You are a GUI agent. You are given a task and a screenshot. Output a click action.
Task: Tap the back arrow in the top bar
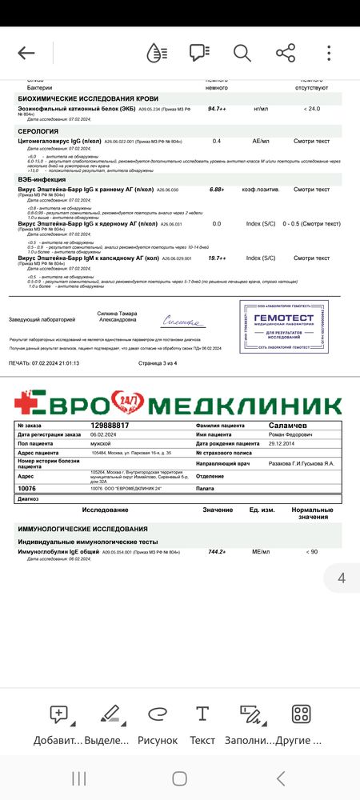(26, 53)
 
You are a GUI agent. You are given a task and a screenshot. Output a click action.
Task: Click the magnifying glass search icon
(242, 53)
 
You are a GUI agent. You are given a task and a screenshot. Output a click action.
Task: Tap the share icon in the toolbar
(285, 53)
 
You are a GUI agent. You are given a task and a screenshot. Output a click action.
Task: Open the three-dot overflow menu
(329, 53)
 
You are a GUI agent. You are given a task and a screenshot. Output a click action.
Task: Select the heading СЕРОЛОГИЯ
(38, 130)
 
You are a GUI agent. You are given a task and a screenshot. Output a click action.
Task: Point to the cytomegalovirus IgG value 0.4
(217, 141)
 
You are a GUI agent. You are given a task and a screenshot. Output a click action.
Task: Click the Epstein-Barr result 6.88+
(217, 190)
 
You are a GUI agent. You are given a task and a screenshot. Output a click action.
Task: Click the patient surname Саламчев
(290, 426)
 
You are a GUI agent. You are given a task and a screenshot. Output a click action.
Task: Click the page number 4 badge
(342, 578)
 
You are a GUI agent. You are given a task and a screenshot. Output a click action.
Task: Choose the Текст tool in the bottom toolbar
(202, 723)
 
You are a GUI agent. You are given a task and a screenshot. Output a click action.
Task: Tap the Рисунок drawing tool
(157, 723)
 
